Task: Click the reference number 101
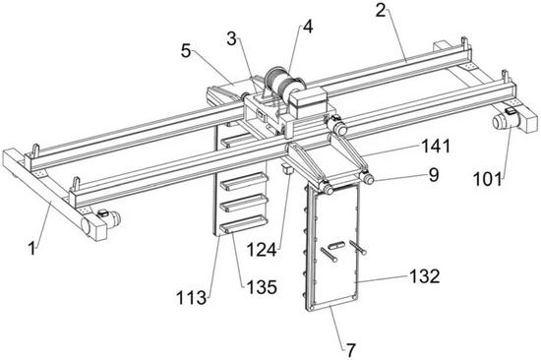[x=488, y=179]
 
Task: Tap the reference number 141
[x=436, y=147]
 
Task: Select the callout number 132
[x=425, y=276]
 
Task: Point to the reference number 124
[x=262, y=250]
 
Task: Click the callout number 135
[x=262, y=287]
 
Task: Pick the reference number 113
[x=192, y=297]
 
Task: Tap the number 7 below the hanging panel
[x=351, y=350]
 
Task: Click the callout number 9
[x=434, y=175]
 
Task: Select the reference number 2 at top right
[x=381, y=11]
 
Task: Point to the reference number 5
[x=186, y=51]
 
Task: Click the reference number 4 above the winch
[x=308, y=27]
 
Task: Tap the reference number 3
[x=232, y=39]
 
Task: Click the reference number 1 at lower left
[x=32, y=248]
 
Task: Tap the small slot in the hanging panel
[x=336, y=245]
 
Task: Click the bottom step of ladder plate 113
[x=243, y=223]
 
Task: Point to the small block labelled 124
[x=287, y=169]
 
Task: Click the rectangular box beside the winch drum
[x=308, y=99]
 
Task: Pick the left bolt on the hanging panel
[x=329, y=255]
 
